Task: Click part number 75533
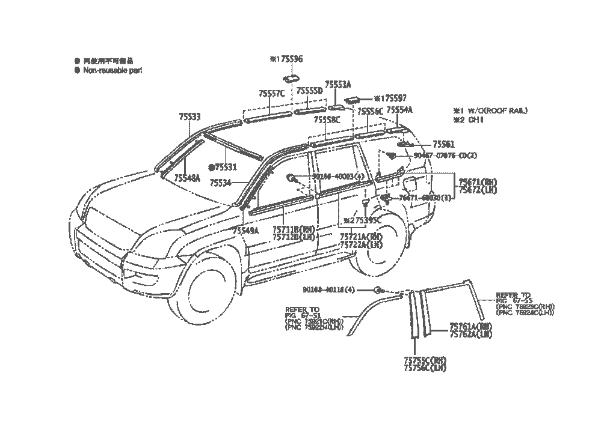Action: click(189, 117)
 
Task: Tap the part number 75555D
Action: click(309, 91)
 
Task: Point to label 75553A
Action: click(337, 85)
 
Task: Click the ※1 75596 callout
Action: click(286, 59)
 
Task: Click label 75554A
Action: click(399, 111)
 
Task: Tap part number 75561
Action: click(444, 145)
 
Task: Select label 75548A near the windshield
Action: click(187, 178)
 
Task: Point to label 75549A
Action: click(245, 231)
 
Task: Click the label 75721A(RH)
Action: click(361, 238)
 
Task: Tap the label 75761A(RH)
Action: click(470, 327)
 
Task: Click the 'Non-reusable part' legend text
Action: click(112, 70)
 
